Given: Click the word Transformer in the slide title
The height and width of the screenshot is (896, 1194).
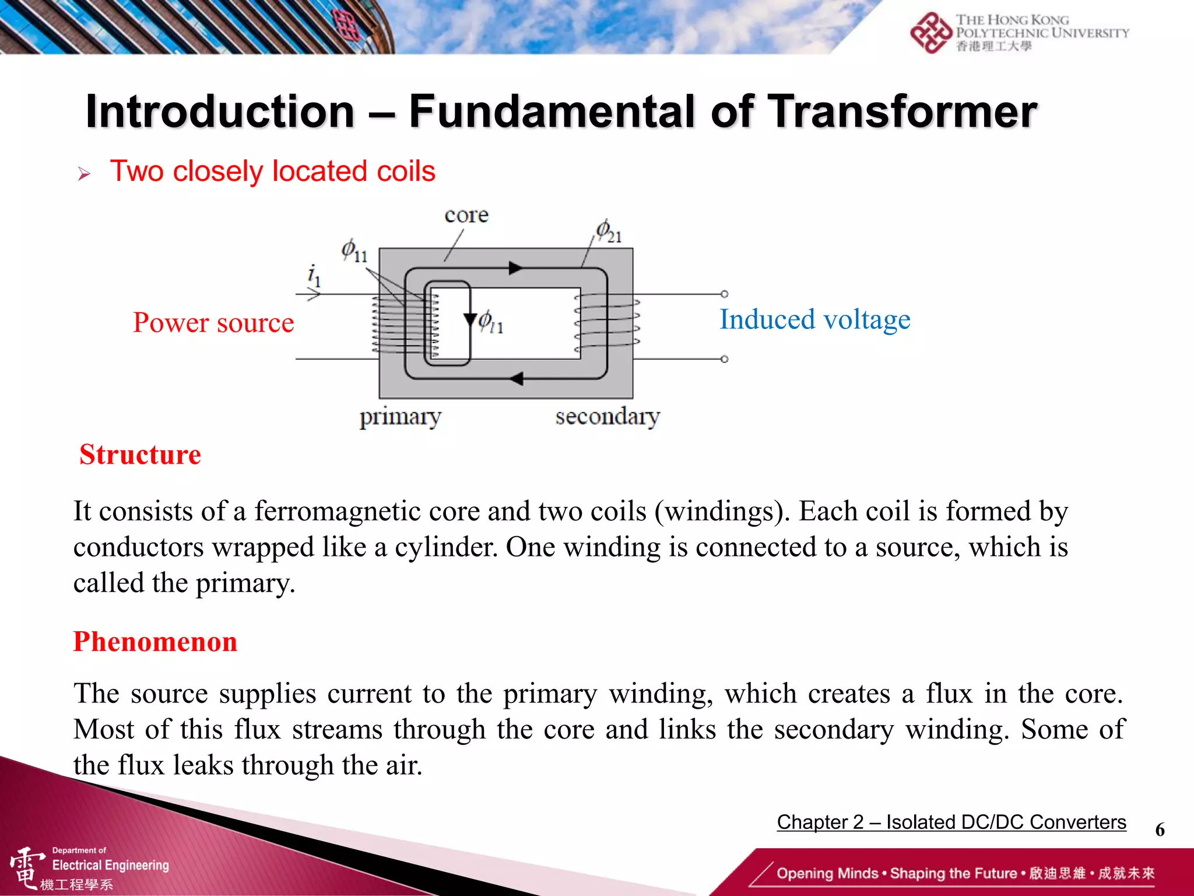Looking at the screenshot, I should pyautogui.click(x=902, y=112).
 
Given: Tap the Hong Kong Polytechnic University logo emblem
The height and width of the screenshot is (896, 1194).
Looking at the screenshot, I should pyautogui.click(x=930, y=33).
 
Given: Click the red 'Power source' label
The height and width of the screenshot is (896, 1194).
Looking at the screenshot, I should pyautogui.click(x=213, y=323).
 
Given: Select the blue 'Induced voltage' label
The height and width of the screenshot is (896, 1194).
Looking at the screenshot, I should pyautogui.click(x=814, y=320).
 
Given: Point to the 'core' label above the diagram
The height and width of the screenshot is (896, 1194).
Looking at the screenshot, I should pyautogui.click(x=466, y=215).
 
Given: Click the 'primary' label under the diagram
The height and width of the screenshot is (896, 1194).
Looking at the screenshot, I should pyautogui.click(x=400, y=416).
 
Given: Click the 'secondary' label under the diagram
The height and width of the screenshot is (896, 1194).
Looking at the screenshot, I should pyautogui.click(x=607, y=416).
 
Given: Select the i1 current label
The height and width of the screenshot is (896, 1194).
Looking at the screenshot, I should pyautogui.click(x=314, y=274).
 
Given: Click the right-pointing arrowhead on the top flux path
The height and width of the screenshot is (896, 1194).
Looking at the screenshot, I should pyautogui.click(x=515, y=268).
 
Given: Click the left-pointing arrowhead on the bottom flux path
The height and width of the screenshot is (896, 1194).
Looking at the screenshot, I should pyautogui.click(x=517, y=379).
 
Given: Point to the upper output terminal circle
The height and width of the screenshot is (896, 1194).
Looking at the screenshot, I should pyautogui.click(x=724, y=294).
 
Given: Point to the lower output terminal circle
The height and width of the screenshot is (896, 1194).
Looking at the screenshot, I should pyautogui.click(x=724, y=359).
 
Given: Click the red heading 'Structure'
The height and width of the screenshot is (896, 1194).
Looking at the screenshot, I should pyautogui.click(x=140, y=454).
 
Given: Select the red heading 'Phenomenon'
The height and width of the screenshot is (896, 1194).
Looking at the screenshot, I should pyautogui.click(x=155, y=642).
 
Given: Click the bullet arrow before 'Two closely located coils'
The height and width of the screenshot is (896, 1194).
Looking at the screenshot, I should pyautogui.click(x=85, y=173).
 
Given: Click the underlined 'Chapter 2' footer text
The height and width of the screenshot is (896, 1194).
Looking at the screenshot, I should pyautogui.click(x=820, y=821).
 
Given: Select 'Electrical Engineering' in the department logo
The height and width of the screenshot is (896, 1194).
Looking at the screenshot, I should pyautogui.click(x=110, y=865).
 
